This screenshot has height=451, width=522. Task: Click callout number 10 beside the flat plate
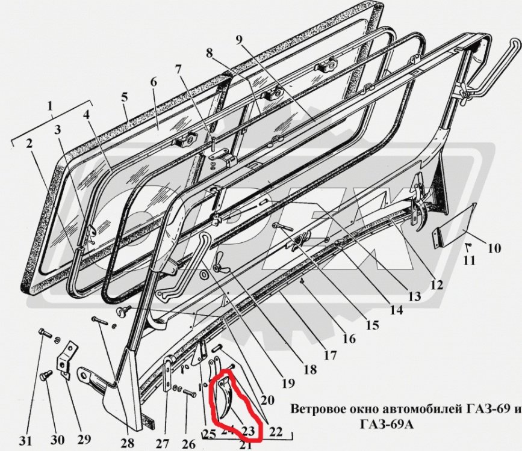pos(494,247)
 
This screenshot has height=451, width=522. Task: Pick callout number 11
pos(469,260)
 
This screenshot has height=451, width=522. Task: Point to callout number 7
pos(178,69)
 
